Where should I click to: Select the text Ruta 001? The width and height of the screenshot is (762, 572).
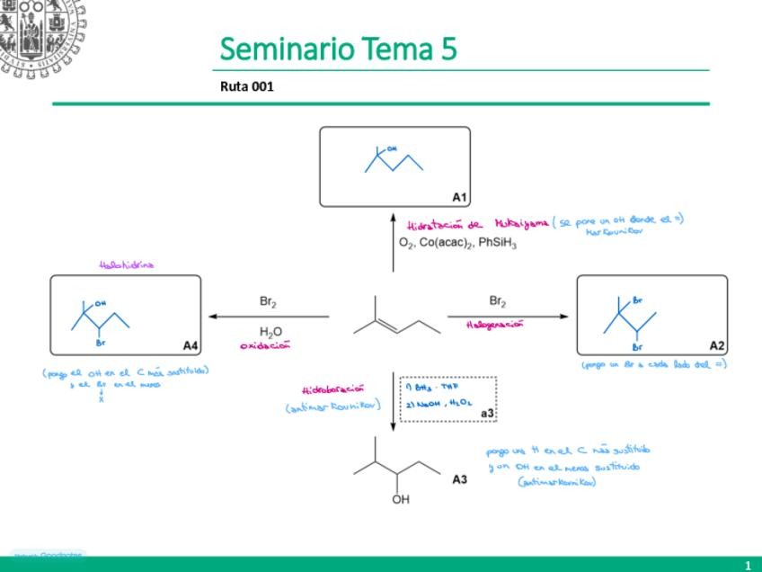pos(246,87)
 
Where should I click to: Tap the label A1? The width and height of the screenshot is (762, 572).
pos(459,196)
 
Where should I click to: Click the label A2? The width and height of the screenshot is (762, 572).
pos(717,345)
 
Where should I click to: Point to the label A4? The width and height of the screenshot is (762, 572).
pos(190,345)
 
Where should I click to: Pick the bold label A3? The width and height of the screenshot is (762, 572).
pos(459,479)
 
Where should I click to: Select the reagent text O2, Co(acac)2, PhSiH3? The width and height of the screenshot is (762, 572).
pos(457,243)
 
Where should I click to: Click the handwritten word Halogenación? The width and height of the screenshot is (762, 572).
pos(495,325)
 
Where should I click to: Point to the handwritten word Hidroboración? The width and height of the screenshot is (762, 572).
pos(332,389)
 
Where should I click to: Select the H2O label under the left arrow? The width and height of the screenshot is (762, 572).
pos(270,331)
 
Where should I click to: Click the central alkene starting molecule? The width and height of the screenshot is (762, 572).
pos(395,317)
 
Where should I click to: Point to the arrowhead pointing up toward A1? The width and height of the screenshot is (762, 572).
pos(393,217)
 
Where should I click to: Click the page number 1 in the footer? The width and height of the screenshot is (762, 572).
pos(747,565)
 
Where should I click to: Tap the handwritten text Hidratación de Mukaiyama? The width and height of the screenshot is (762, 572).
pos(477,225)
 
